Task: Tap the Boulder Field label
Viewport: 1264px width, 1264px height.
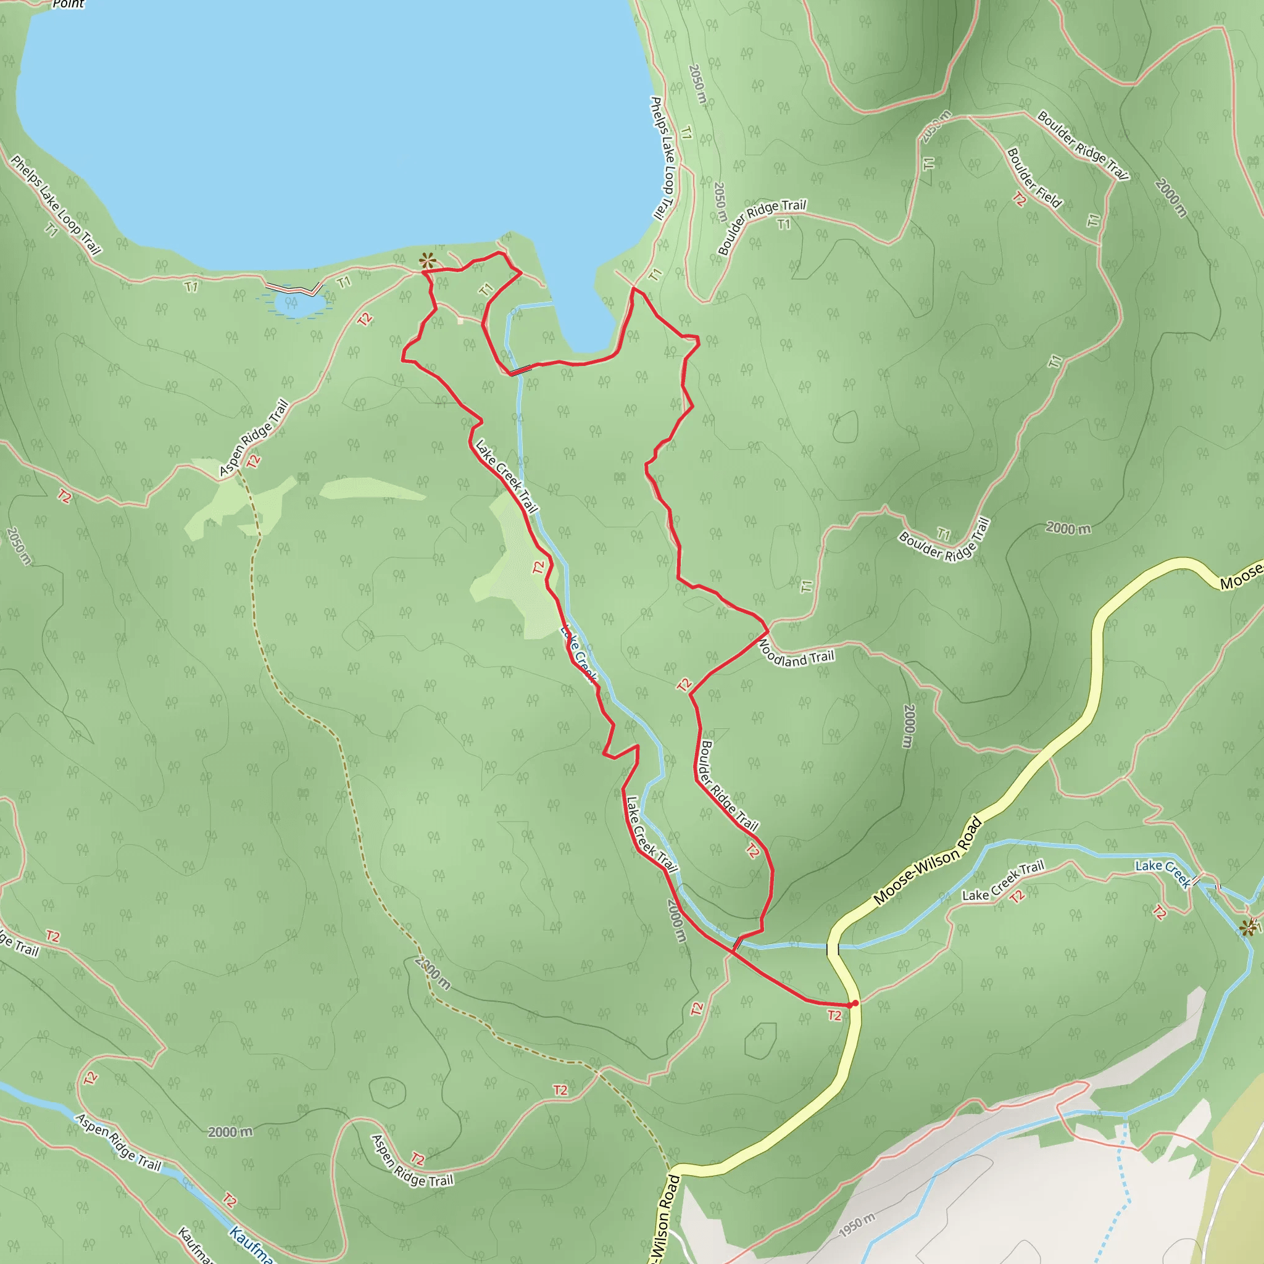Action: coord(1034,177)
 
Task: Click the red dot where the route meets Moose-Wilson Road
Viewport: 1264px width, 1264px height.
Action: coord(855,1003)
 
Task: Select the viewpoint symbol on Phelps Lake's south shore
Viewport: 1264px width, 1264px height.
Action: coord(427,261)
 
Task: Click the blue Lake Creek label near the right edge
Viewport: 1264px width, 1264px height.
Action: coord(1163,874)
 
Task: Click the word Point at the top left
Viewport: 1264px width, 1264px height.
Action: coord(68,4)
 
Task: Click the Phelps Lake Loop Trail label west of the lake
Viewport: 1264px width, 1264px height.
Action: coord(56,205)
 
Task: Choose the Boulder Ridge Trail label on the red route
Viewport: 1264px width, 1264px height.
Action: coord(729,786)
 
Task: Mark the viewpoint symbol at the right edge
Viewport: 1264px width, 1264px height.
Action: coord(1247,927)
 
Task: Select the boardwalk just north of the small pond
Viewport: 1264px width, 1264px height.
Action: coord(293,288)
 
